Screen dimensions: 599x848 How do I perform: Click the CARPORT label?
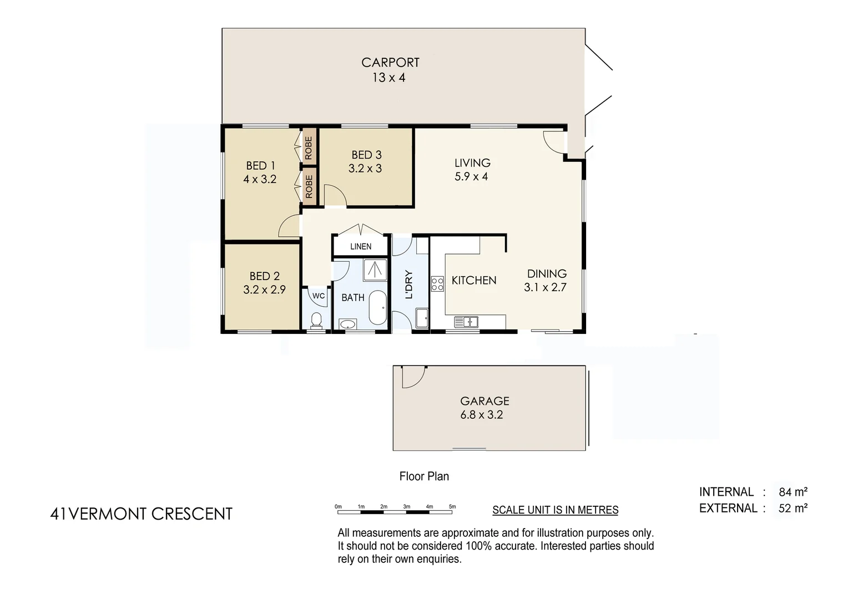(390, 63)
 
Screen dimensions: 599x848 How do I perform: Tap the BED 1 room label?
(260, 165)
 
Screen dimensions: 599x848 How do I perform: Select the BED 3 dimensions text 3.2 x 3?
(365, 169)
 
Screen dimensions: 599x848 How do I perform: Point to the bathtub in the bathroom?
(378, 307)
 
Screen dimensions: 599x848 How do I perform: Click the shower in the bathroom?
(375, 270)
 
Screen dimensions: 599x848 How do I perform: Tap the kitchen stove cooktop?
(437, 284)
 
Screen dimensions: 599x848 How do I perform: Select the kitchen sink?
(466, 321)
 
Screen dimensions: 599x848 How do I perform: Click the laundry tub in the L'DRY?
(422, 317)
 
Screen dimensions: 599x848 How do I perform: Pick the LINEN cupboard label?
(361, 246)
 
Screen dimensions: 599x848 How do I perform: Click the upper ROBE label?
(309, 148)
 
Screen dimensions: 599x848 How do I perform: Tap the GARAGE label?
(484, 400)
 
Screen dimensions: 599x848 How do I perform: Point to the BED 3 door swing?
(335, 196)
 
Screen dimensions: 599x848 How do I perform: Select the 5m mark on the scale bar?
(452, 507)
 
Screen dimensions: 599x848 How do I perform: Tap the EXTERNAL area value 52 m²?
(793, 508)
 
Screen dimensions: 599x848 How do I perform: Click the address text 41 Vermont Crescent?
(141, 514)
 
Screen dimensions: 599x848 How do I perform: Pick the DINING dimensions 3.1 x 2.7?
(545, 287)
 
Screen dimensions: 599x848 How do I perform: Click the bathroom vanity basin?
(348, 324)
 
